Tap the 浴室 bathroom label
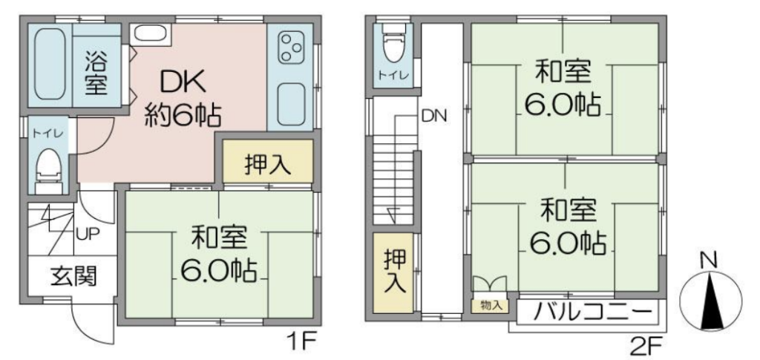pyautogui.click(x=96, y=73)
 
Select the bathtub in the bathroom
pyautogui.click(x=50, y=65)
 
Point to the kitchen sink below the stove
pyautogui.click(x=291, y=105)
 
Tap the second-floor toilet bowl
pyautogui.click(x=393, y=45)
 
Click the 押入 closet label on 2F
pyautogui.click(x=394, y=272)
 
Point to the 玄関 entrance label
pyautogui.click(x=73, y=277)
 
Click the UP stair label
pyautogui.click(x=88, y=235)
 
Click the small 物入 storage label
pyautogui.click(x=490, y=306)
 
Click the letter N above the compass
pyautogui.click(x=710, y=261)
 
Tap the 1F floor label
pyautogui.click(x=303, y=344)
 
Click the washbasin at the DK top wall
pyautogui.click(x=150, y=33)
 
